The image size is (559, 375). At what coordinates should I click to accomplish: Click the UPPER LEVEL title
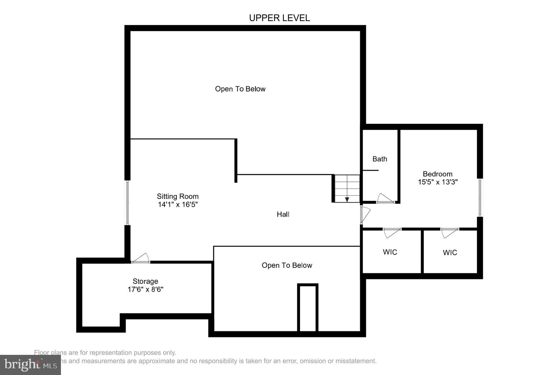279,18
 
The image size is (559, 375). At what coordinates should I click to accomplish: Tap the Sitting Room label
177,196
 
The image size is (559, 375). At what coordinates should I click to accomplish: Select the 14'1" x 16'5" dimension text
178,204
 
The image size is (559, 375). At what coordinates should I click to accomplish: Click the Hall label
283,214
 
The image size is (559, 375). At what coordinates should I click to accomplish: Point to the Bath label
380,159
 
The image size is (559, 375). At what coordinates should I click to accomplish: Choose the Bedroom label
437,174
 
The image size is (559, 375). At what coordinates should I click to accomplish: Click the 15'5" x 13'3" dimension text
437,182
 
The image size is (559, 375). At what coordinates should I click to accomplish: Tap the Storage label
145,281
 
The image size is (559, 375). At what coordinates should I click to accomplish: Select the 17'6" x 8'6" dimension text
145,289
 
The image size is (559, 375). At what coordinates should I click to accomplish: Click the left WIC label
390,252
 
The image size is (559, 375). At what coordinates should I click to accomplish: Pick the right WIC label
450,253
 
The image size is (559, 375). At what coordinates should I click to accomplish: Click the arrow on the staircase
347,199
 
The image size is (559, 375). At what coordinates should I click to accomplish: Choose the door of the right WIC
449,232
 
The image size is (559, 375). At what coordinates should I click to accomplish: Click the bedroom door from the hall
365,214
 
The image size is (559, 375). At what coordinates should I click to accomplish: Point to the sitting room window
127,203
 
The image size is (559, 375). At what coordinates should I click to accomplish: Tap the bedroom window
480,197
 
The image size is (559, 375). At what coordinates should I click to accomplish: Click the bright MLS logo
30,365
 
